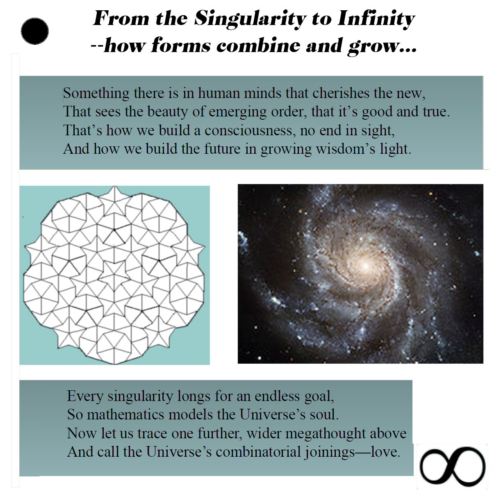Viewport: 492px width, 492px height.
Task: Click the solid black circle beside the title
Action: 35,31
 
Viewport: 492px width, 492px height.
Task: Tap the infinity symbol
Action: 452,466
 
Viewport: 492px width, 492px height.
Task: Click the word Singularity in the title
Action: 250,20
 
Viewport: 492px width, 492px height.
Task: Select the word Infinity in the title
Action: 376,20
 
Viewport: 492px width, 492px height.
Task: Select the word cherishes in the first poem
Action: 341,93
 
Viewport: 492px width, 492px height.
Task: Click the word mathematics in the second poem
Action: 125,415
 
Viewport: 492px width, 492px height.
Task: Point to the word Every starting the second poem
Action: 85,396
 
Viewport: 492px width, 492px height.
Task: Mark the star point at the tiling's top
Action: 115,187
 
